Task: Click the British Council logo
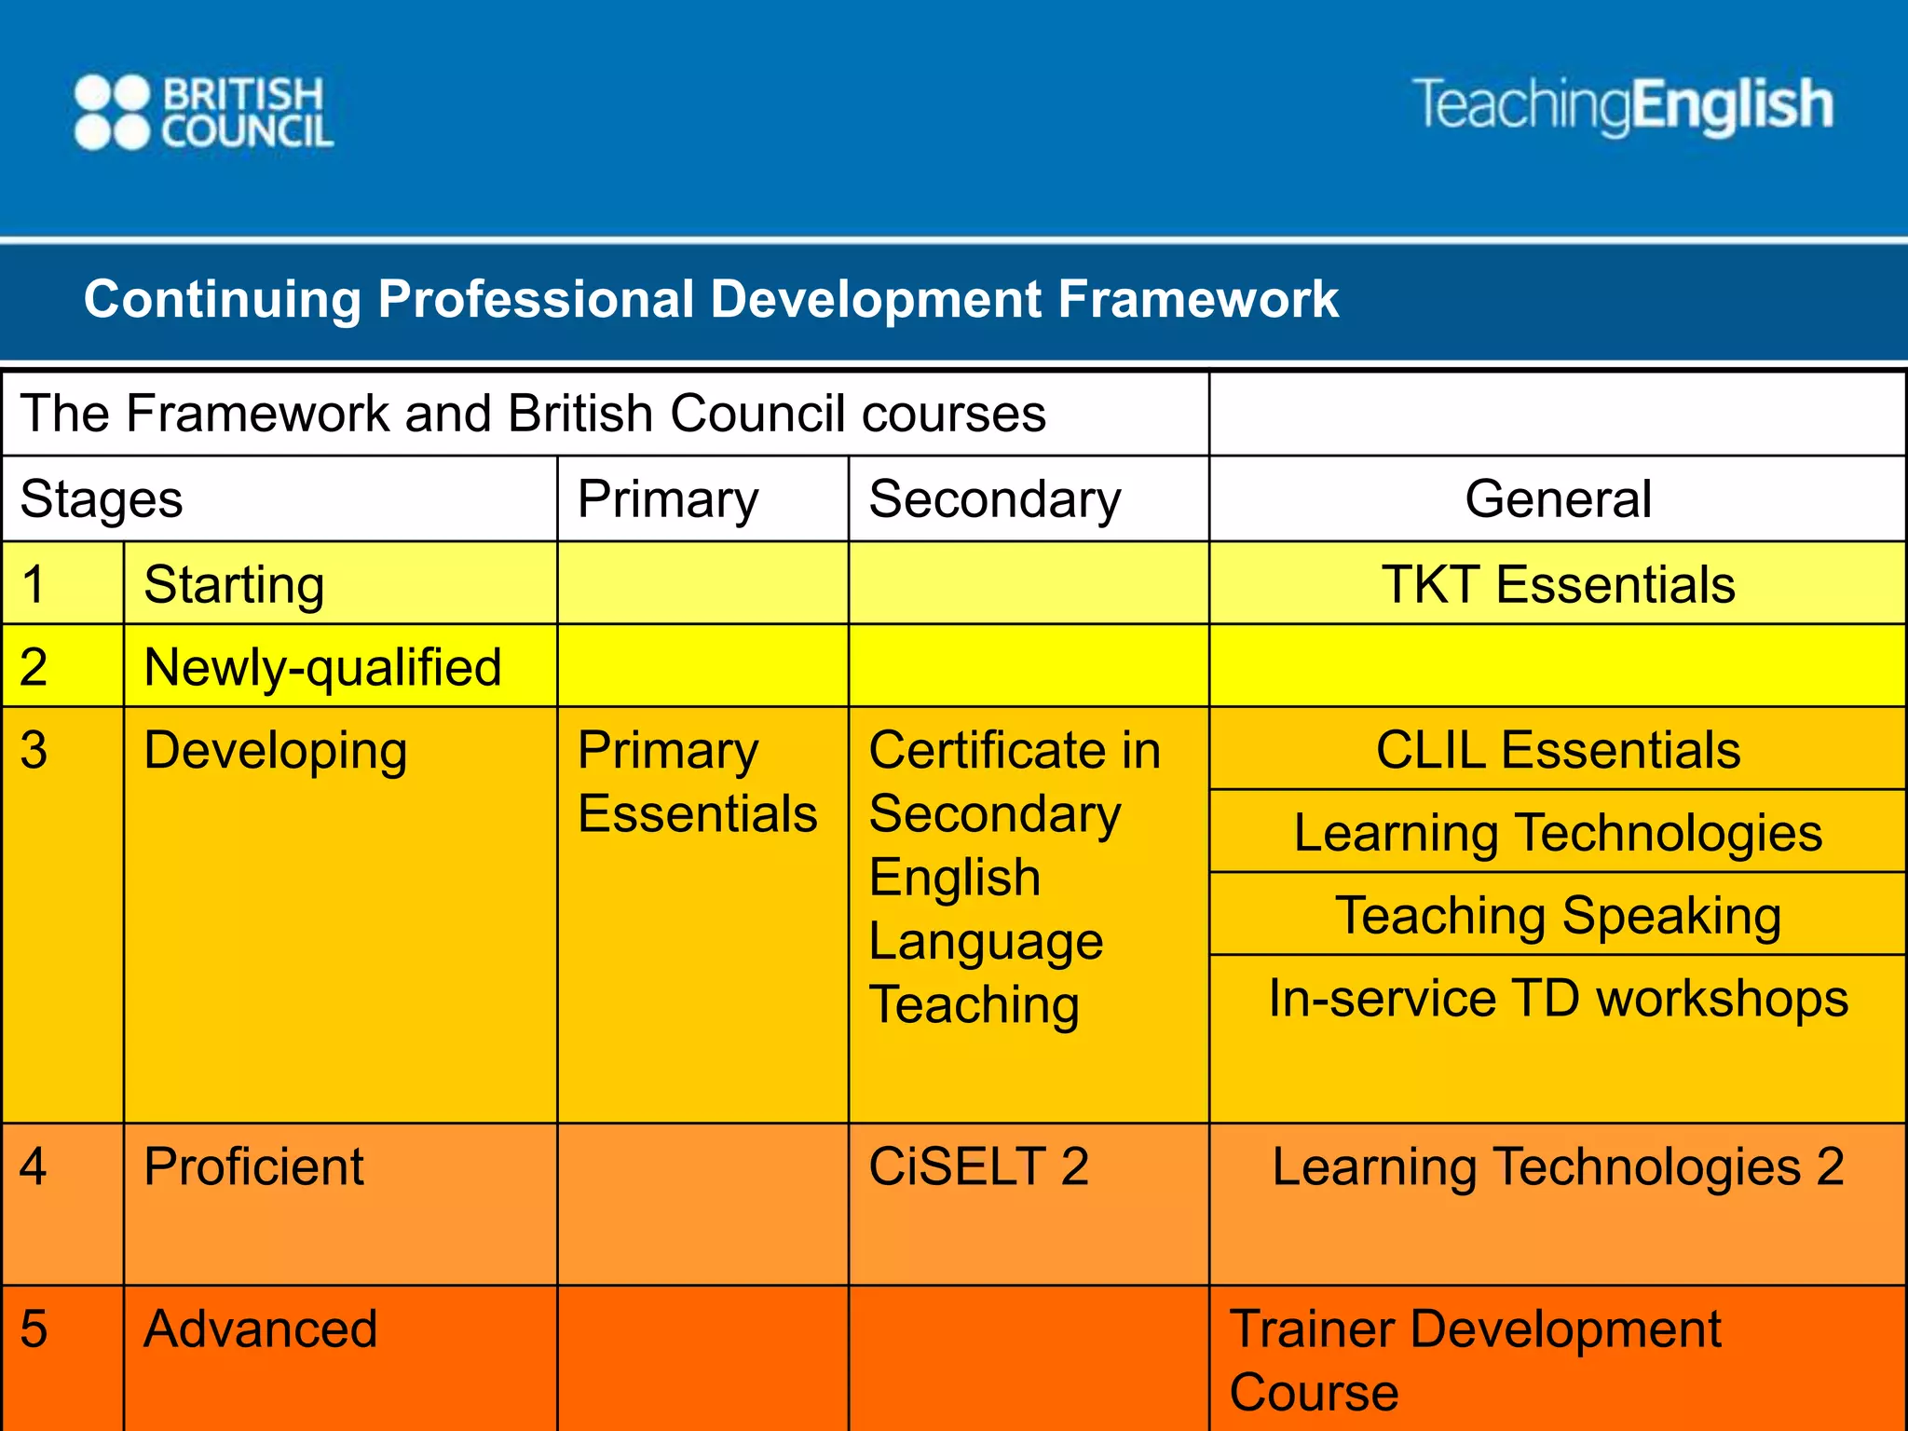pyautogui.click(x=203, y=113)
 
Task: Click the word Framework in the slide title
pyautogui.click(x=1198, y=300)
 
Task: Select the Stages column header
pyautogui.click(x=102, y=499)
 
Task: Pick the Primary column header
pyautogui.click(x=668, y=499)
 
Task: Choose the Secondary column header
pyautogui.click(x=994, y=499)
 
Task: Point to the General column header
pyautogui.click(x=1558, y=499)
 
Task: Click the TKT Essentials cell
pyautogui.click(x=1558, y=585)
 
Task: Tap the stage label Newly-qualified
pyautogui.click(x=322, y=667)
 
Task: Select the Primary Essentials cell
pyautogui.click(x=697, y=783)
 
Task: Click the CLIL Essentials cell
pyautogui.click(x=1558, y=750)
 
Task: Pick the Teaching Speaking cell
pyautogui.click(x=1558, y=915)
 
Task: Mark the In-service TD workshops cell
pyautogui.click(x=1558, y=999)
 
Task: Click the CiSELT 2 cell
pyautogui.click(x=978, y=1166)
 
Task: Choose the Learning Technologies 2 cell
pyautogui.click(x=1558, y=1166)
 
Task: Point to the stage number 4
pyautogui.click(x=34, y=1166)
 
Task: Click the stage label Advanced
pyautogui.click(x=261, y=1329)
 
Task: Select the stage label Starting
pyautogui.click(x=234, y=585)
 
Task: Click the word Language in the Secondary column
pyautogui.click(x=986, y=942)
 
